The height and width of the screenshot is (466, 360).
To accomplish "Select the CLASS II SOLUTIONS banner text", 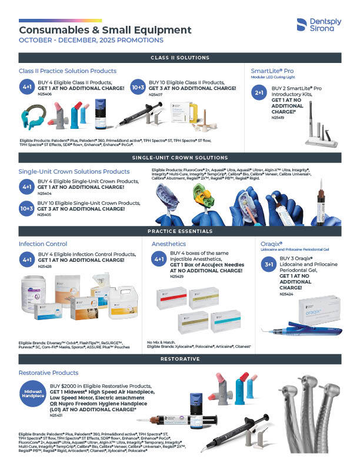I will pyautogui.click(x=180, y=58).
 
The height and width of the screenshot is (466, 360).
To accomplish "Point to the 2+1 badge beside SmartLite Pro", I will pyautogui.click(x=259, y=93).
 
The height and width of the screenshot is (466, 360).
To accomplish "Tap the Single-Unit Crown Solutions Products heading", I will pyautogui.click(x=74, y=171).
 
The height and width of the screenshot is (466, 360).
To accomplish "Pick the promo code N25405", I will pyautogui.click(x=45, y=215).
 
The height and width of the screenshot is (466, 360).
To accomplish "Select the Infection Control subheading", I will pyautogui.click(x=43, y=243).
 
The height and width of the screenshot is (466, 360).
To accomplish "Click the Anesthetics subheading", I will pyautogui.click(x=169, y=243).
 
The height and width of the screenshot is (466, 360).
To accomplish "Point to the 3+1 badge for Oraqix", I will pyautogui.click(x=268, y=265).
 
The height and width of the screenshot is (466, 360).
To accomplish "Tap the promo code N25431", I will pyautogui.click(x=57, y=415).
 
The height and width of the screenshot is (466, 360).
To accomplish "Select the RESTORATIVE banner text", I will pyautogui.click(x=180, y=358).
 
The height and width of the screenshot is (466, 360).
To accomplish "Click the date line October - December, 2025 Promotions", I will pyautogui.click(x=91, y=41).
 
